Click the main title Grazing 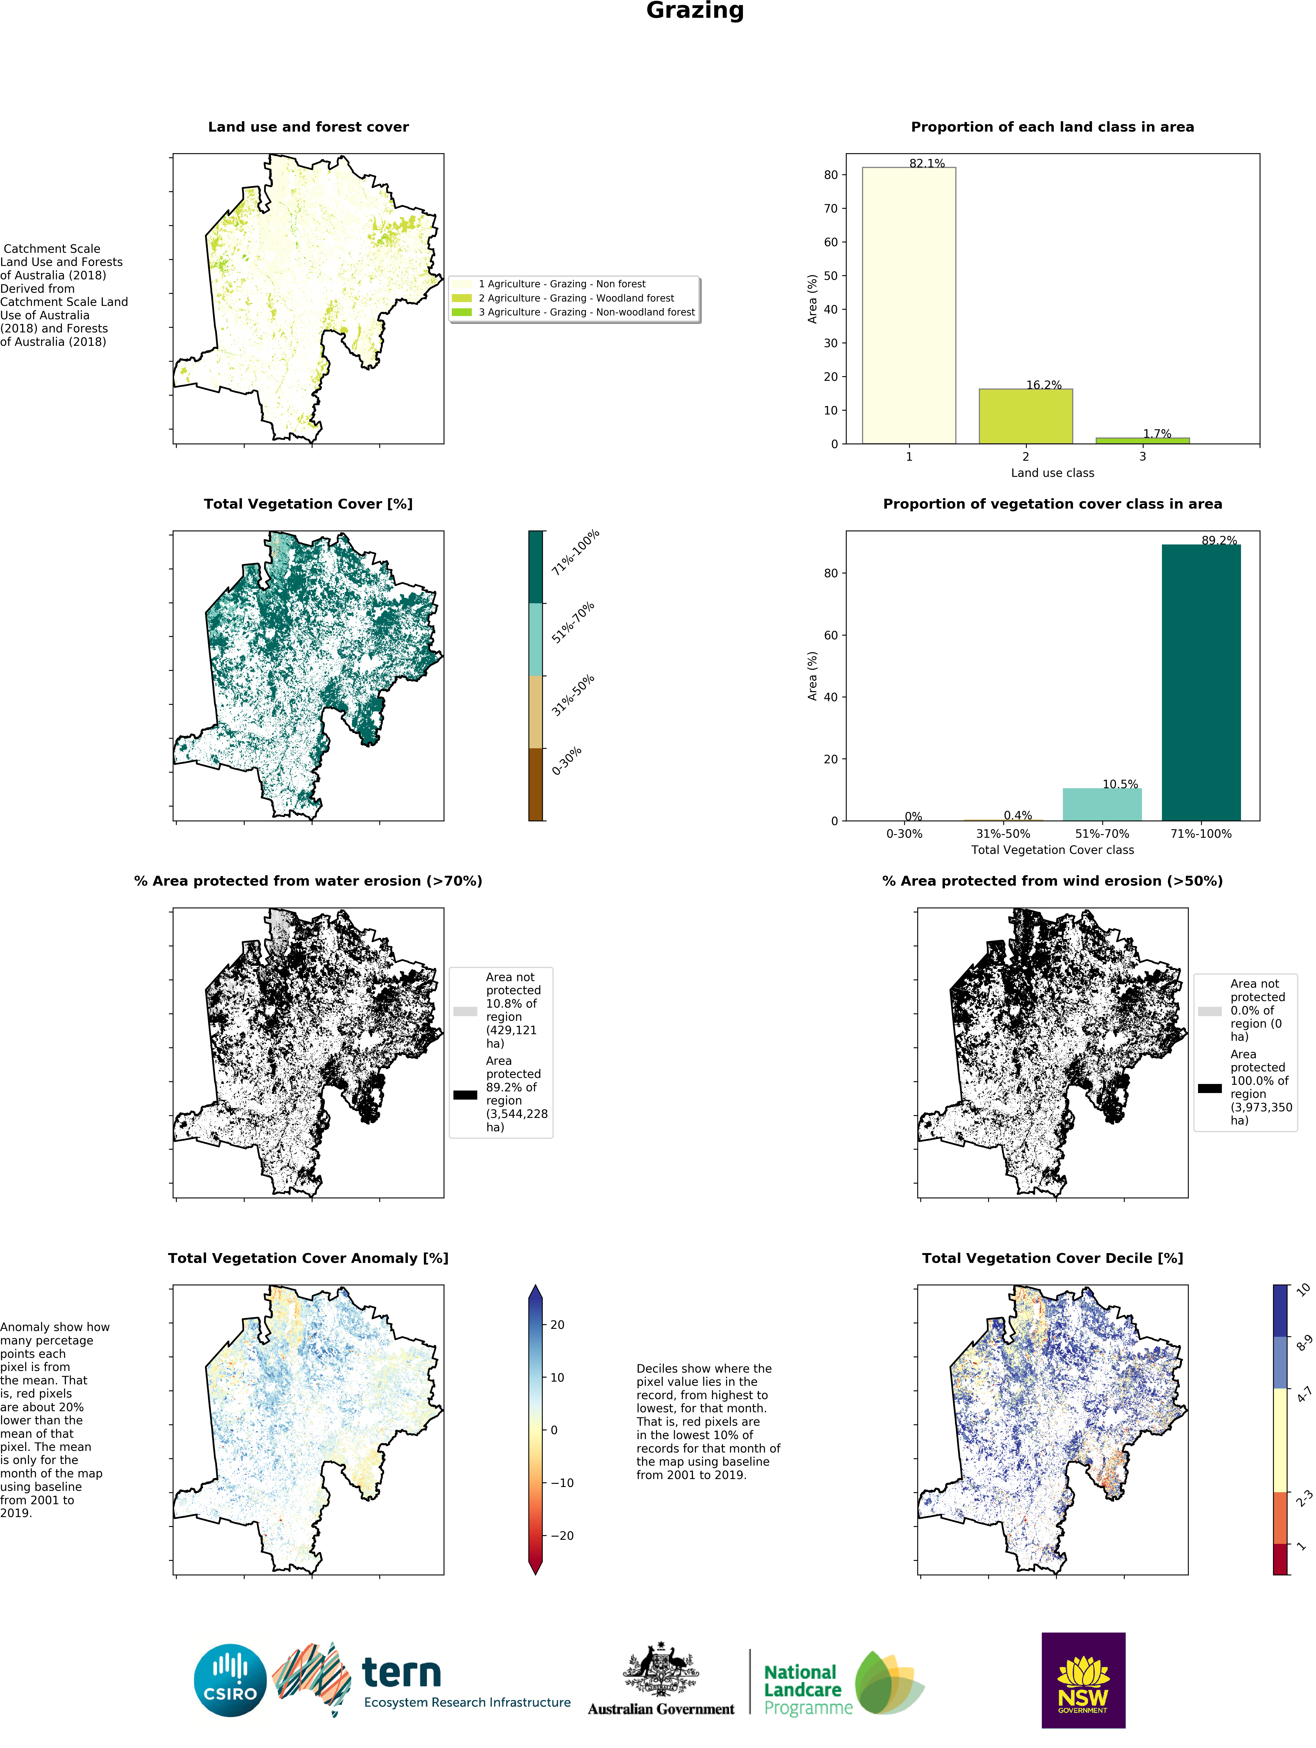[x=695, y=11]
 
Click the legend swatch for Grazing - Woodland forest [x=462, y=298]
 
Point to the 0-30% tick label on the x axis [x=904, y=834]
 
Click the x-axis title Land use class [x=1052, y=472]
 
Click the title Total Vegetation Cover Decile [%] [x=1052, y=1258]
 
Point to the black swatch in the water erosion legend [x=465, y=1094]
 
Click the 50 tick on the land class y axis [x=831, y=276]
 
